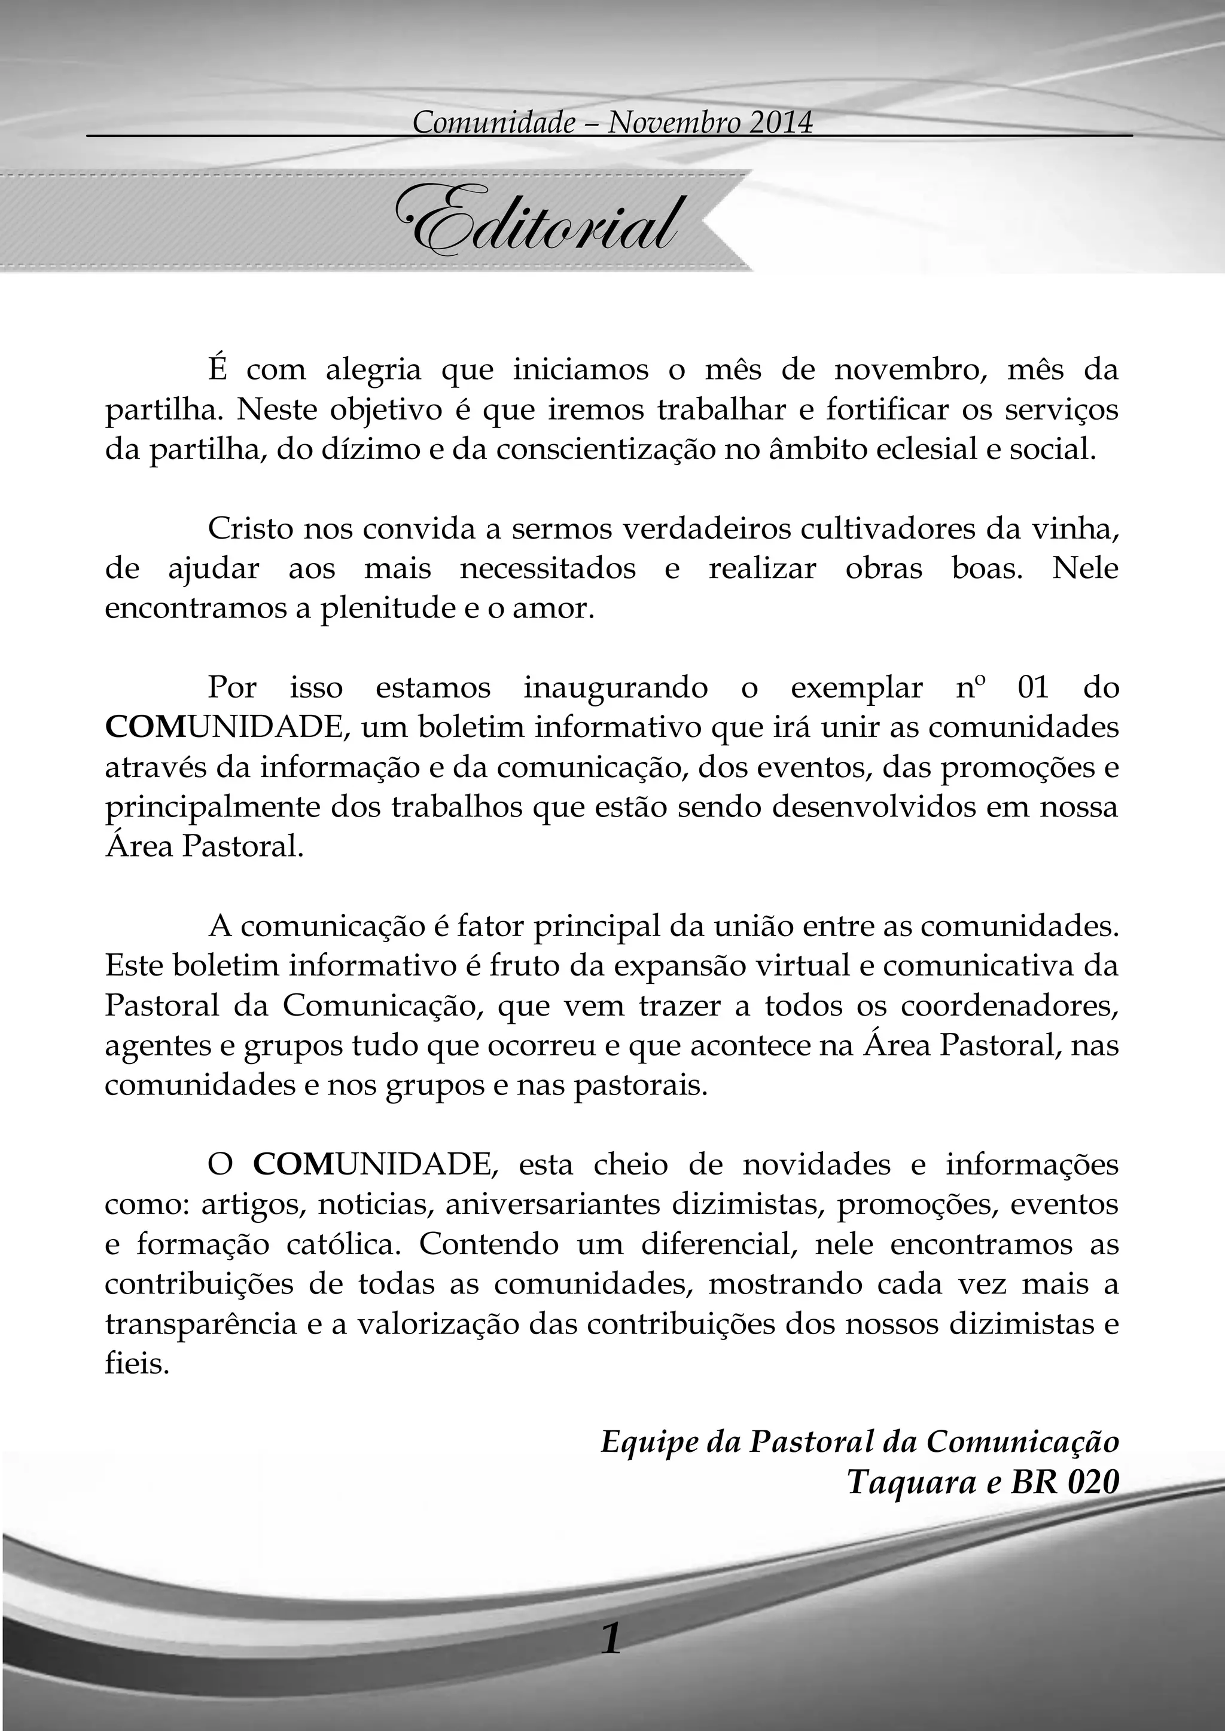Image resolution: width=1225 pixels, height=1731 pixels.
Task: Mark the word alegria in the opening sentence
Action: pyautogui.click(x=373, y=370)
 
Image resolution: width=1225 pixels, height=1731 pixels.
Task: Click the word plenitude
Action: pyautogui.click(x=376, y=608)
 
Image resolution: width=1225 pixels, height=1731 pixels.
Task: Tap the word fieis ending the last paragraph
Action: pyautogui.click(x=136, y=1363)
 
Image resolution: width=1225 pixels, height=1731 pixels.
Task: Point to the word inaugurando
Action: pyautogui.click(x=615, y=687)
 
